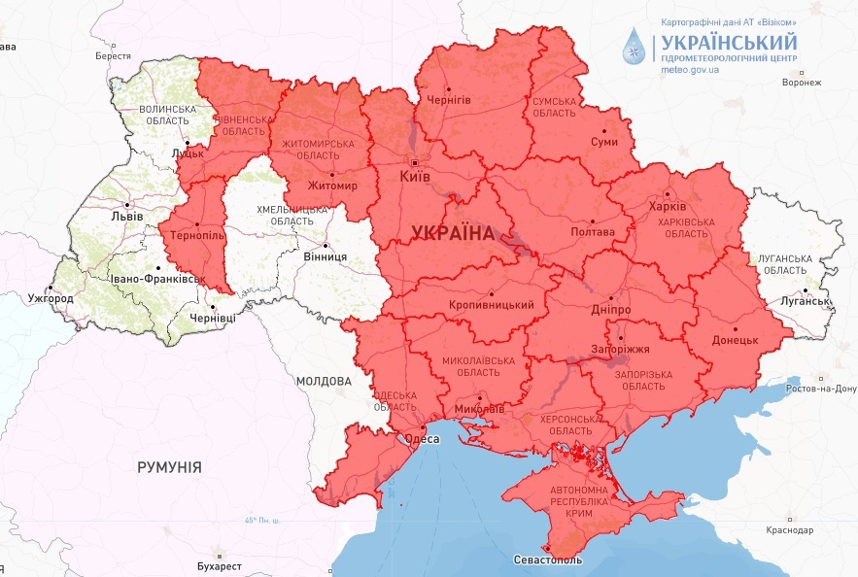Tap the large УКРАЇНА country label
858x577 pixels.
(x=454, y=233)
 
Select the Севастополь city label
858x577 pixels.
(x=548, y=560)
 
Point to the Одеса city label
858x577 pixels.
(x=423, y=439)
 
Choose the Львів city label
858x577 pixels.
(x=127, y=216)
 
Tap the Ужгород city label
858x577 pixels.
(x=51, y=298)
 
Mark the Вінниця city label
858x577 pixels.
(x=326, y=255)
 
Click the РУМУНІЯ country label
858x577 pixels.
(x=170, y=467)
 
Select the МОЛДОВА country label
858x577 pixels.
(x=324, y=382)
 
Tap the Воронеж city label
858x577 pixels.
(x=801, y=83)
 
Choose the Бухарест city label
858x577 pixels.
(x=218, y=565)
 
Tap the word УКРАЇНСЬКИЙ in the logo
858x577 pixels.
(x=728, y=42)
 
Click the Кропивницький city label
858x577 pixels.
(x=492, y=305)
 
